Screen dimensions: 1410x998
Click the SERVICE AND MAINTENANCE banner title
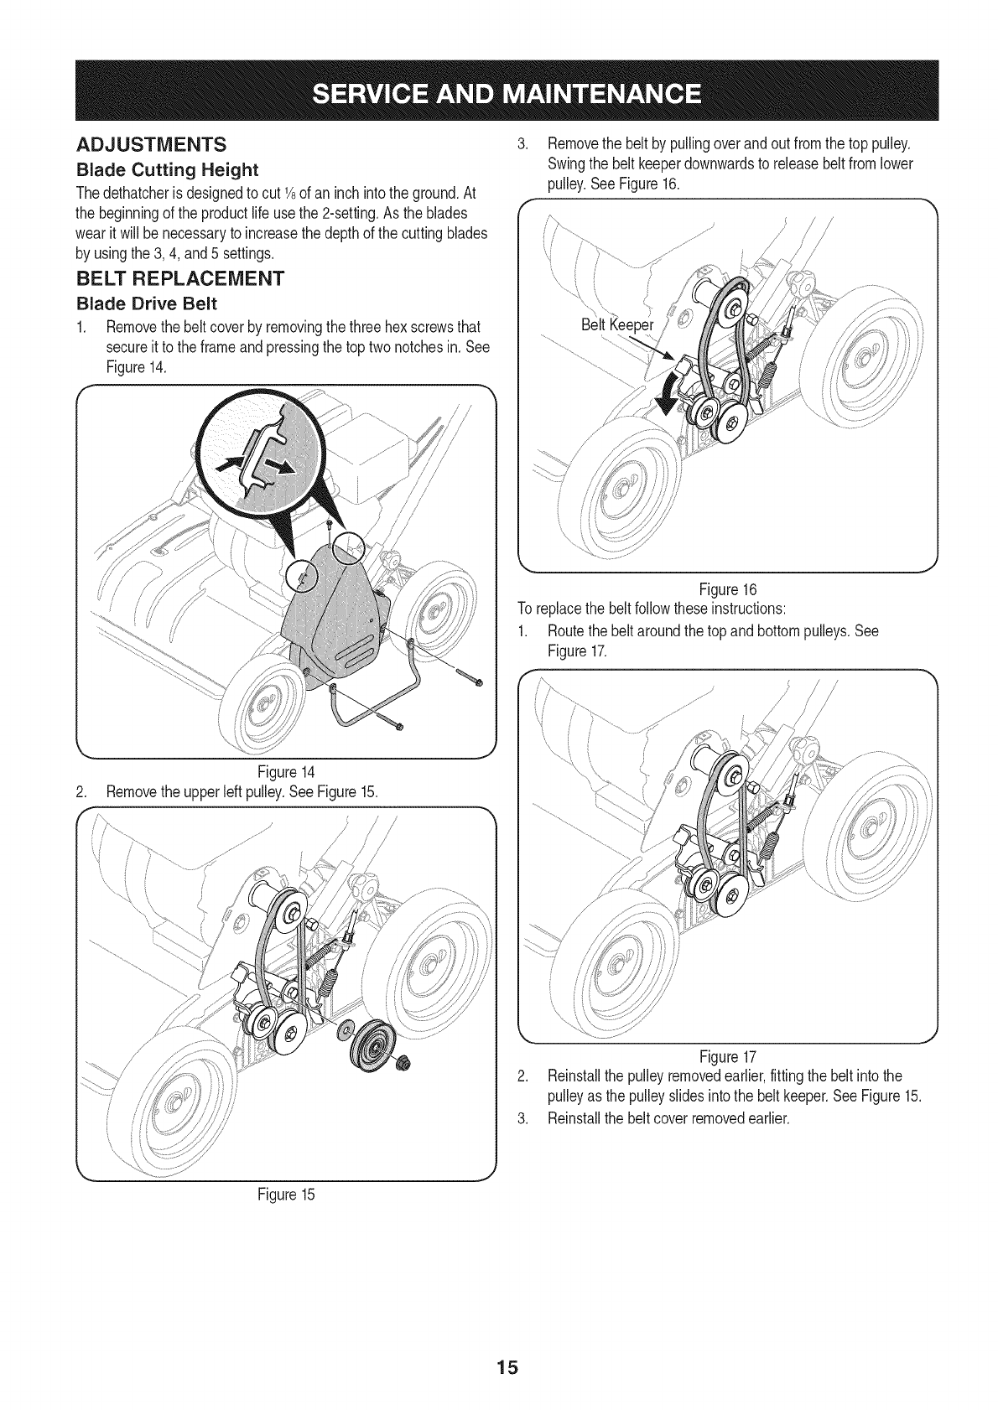pos(498,91)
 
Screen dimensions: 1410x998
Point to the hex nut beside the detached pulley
pos(403,1065)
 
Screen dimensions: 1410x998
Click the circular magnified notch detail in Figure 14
pos(262,466)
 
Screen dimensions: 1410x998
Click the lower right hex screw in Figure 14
pos(477,682)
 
